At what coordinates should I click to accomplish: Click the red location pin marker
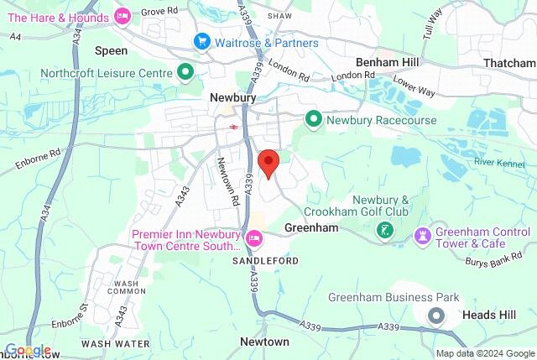pos(268,162)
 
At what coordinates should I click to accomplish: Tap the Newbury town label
pos(232,98)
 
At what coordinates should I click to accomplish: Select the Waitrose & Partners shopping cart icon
pos(201,41)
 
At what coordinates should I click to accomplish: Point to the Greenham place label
pos(310,227)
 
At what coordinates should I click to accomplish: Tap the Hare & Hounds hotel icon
pos(123,14)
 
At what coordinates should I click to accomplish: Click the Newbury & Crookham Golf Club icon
pos(385,229)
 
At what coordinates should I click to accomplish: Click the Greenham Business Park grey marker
pos(436,316)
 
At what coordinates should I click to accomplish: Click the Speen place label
pos(111,50)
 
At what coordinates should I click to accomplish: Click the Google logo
pos(28,350)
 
